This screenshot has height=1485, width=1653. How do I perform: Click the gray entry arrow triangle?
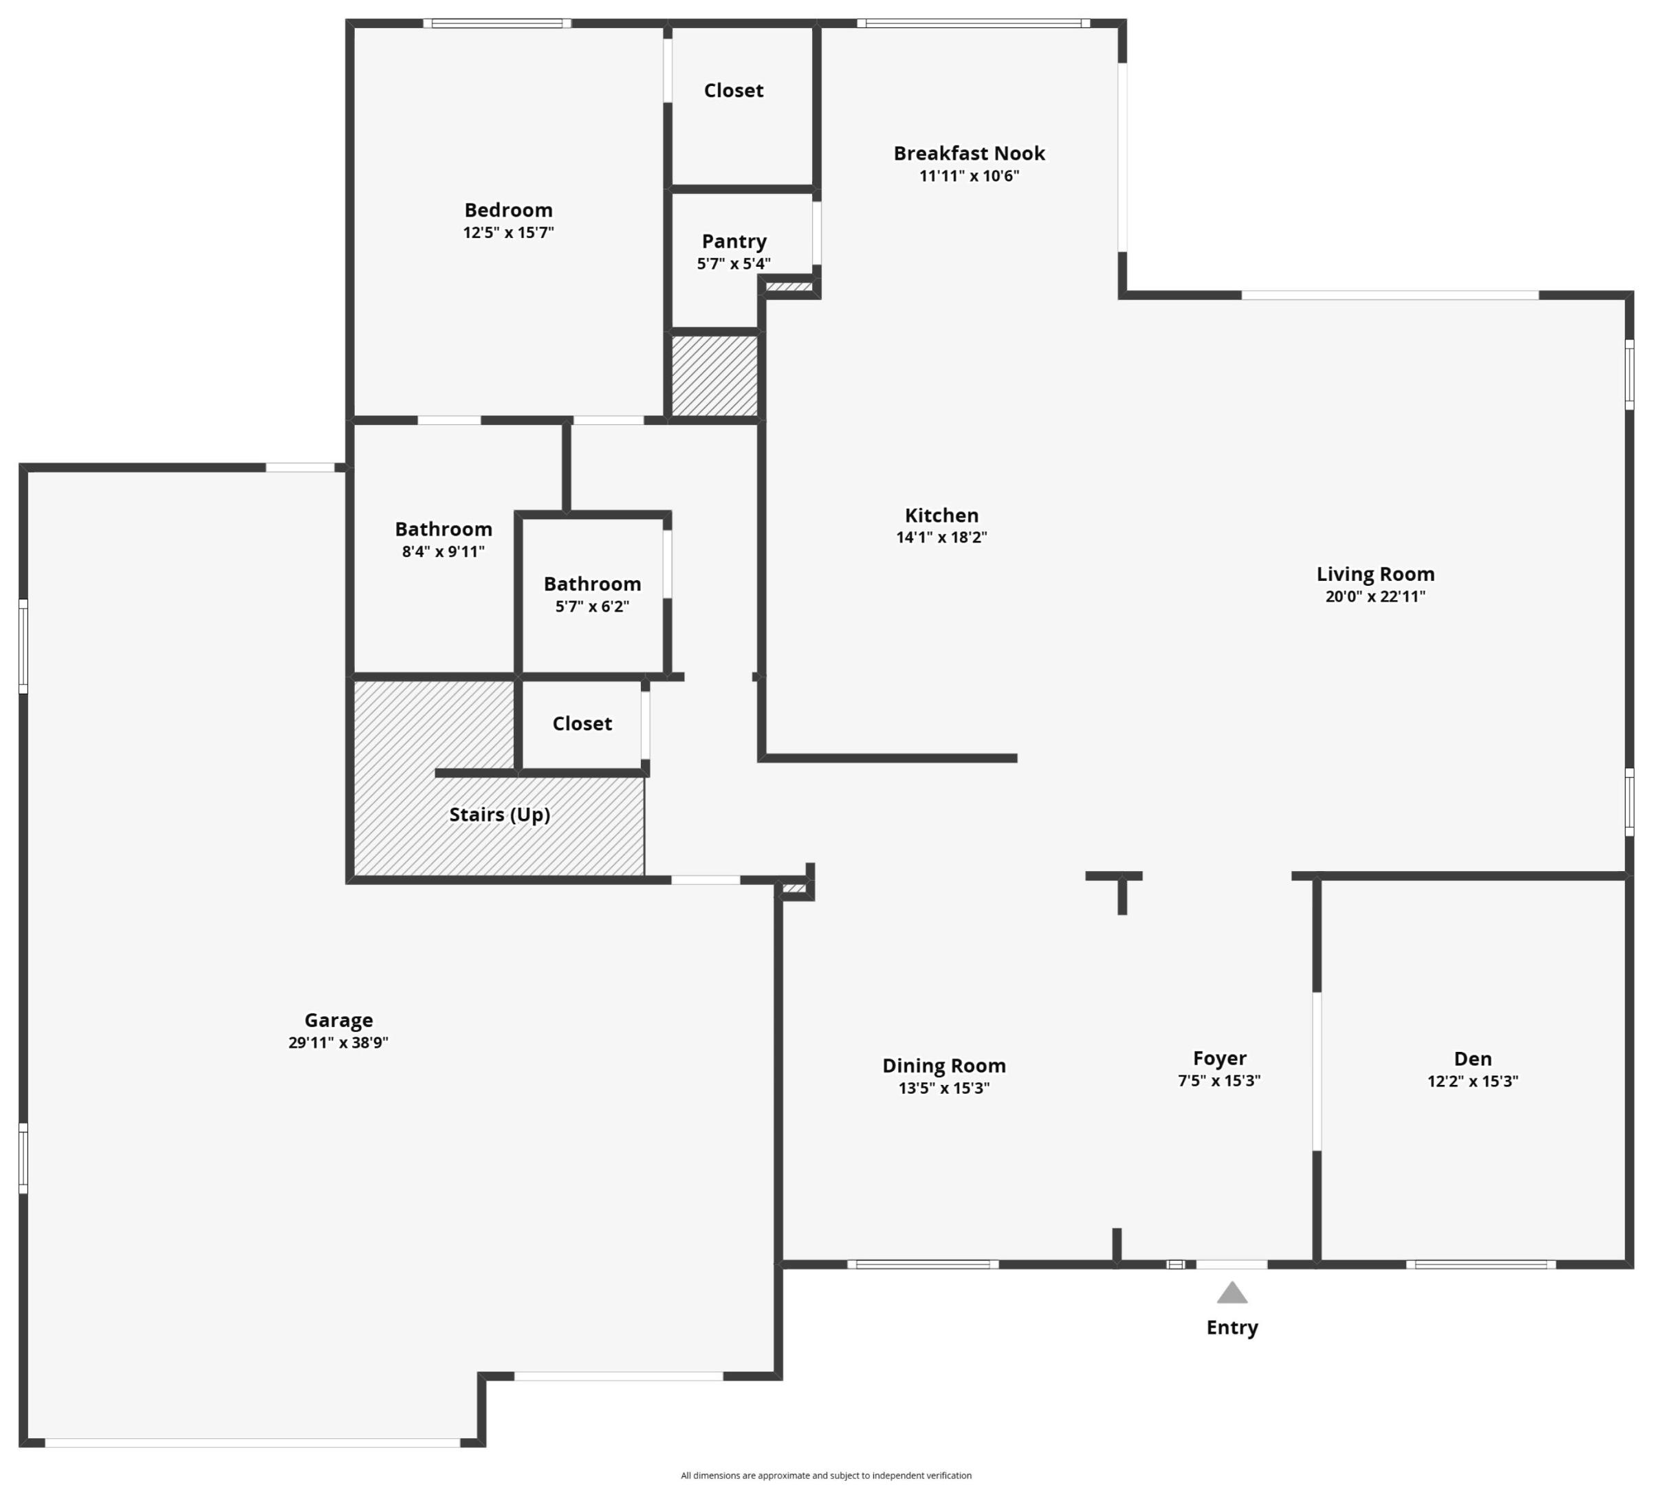(x=1231, y=1293)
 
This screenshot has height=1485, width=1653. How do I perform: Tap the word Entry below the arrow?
(x=1231, y=1328)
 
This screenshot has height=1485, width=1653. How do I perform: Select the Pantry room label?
(x=734, y=241)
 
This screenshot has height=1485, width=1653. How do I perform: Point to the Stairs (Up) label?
(x=499, y=814)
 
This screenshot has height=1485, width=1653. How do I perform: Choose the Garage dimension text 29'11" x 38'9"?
(x=338, y=1042)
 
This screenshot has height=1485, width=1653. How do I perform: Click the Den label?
(x=1472, y=1058)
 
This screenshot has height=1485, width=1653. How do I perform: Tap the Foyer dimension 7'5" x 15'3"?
(x=1218, y=1080)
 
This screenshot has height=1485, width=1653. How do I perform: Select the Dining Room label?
(x=943, y=1066)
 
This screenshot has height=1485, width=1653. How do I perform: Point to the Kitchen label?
(x=941, y=515)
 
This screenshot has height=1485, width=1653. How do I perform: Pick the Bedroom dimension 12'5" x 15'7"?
(x=508, y=232)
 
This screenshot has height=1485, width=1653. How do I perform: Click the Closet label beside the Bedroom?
(x=734, y=91)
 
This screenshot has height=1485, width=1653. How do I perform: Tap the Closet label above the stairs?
(x=582, y=724)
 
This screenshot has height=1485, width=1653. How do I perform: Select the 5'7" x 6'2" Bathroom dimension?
(x=591, y=606)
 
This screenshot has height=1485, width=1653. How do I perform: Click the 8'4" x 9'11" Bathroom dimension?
(x=443, y=551)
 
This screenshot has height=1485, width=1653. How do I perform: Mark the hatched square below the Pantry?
(x=714, y=375)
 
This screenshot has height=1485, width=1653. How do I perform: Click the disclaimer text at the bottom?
(x=826, y=1475)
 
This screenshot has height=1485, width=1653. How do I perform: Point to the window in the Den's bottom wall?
(x=1480, y=1264)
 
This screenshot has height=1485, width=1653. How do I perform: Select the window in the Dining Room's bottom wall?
(x=922, y=1264)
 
